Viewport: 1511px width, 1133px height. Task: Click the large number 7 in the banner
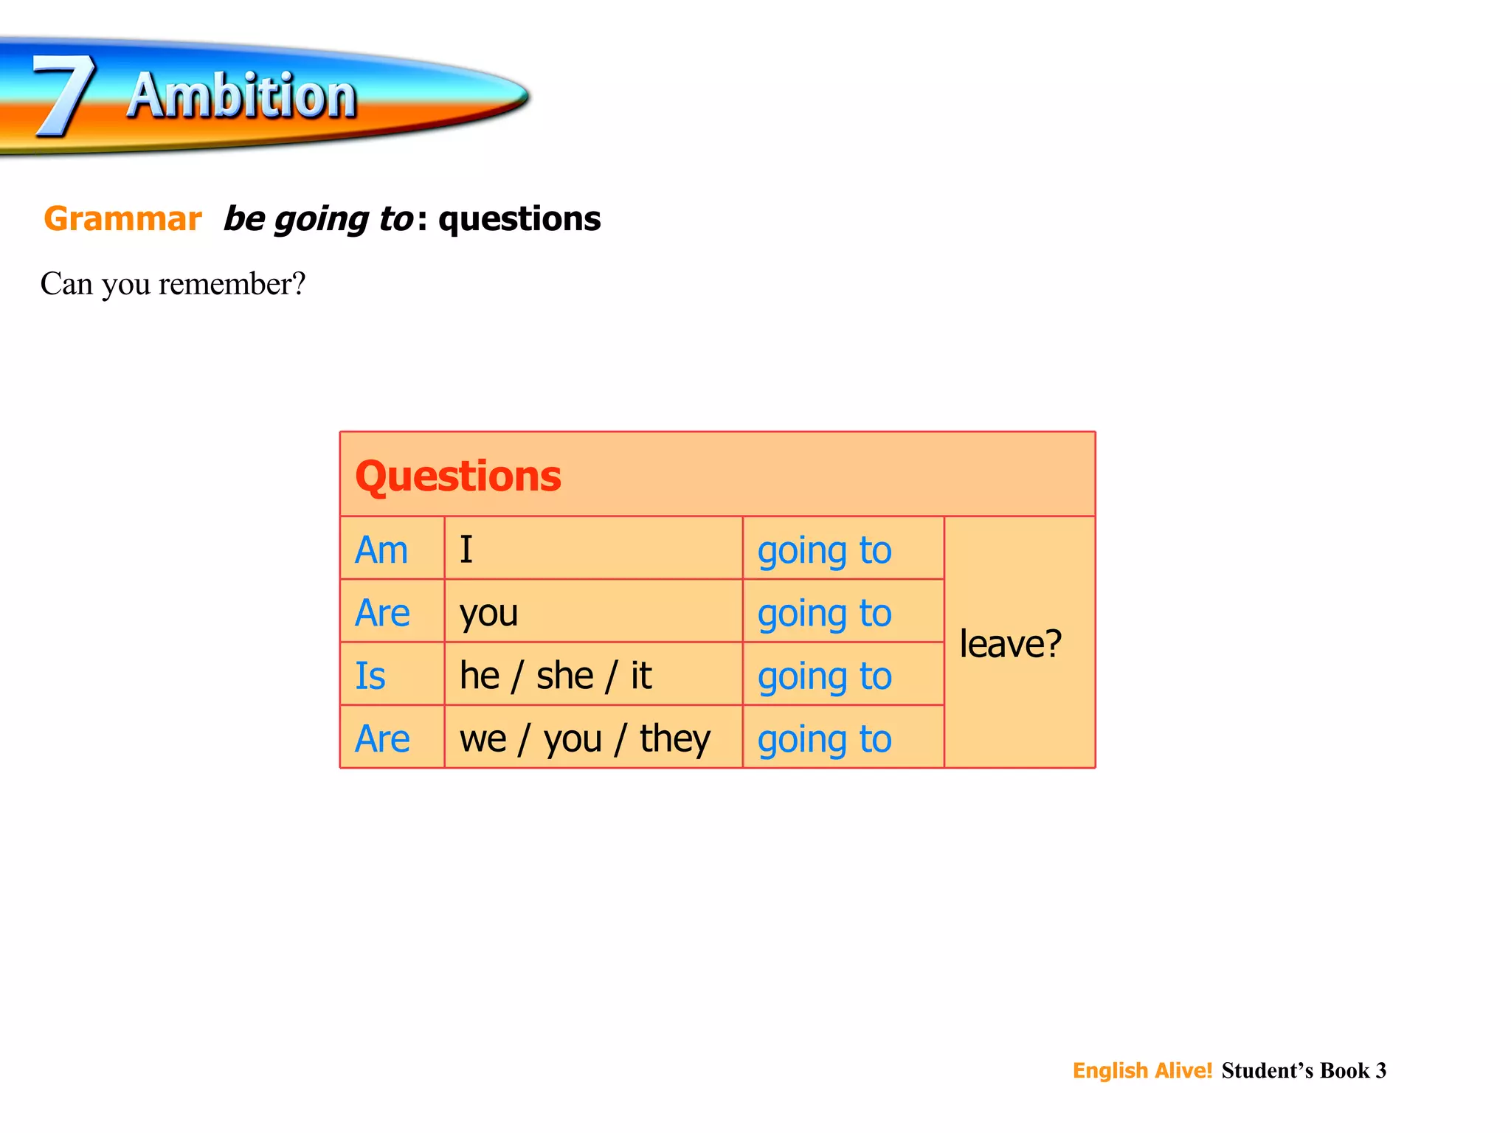65,96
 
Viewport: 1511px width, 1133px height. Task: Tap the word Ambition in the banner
241,96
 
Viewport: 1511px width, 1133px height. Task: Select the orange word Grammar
122,219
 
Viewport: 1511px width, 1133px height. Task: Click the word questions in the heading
519,219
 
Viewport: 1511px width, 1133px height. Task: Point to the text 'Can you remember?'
173,284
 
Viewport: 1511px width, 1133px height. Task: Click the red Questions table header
458,476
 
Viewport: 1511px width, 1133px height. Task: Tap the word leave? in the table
1010,643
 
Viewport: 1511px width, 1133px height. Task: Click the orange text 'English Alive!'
1142,1070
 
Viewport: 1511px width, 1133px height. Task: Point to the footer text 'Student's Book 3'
1304,1070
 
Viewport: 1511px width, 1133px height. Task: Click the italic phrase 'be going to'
318,219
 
